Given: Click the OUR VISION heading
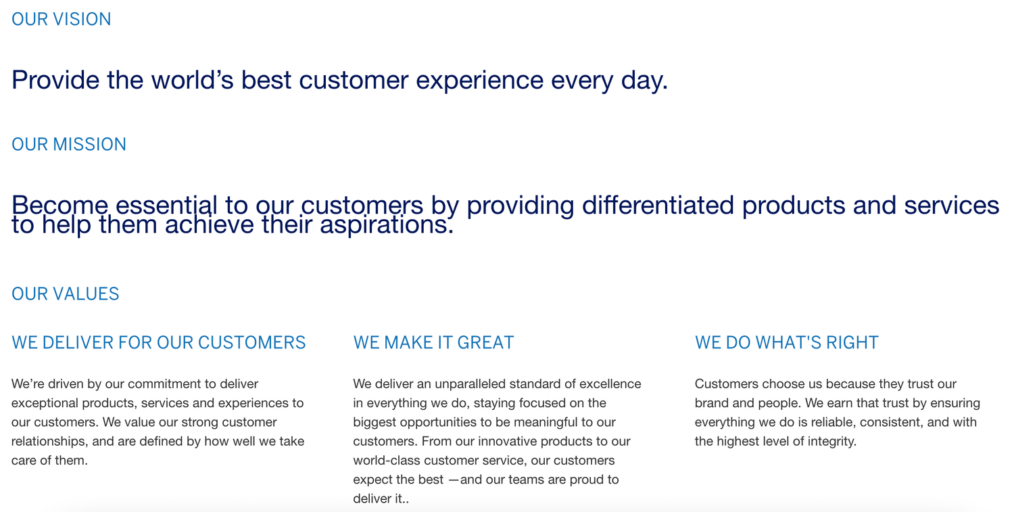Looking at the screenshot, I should click(62, 19).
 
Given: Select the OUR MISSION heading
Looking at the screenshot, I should click(69, 144).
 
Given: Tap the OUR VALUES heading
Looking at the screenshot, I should click(66, 294).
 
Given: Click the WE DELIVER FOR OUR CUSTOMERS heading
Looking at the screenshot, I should click(159, 342).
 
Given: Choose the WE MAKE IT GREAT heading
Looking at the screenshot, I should click(433, 342).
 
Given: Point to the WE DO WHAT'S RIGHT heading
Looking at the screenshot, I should click(787, 342).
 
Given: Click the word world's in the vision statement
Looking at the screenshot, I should click(193, 80).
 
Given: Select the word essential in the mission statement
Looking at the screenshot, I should click(166, 205).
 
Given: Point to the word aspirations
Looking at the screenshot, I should click(386, 225).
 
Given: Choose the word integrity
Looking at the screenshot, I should click(832, 442).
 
